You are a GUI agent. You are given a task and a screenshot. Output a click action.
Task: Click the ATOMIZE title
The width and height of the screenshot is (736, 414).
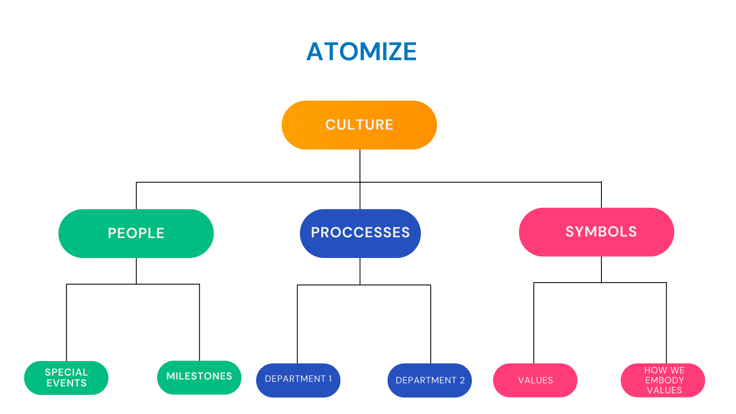click(x=361, y=51)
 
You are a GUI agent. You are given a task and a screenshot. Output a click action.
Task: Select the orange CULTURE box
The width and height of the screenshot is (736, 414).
click(x=359, y=125)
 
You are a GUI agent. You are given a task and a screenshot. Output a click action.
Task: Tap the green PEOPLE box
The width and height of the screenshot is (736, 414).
click(x=136, y=233)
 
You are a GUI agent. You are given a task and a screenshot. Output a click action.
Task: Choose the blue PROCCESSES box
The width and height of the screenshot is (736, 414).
click(x=360, y=233)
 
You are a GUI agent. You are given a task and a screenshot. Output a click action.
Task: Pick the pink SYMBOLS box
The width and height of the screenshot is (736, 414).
click(x=596, y=232)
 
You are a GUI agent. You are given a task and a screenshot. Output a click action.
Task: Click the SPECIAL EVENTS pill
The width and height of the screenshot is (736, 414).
click(x=66, y=378)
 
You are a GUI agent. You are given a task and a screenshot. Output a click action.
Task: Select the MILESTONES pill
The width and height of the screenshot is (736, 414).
click(x=199, y=377)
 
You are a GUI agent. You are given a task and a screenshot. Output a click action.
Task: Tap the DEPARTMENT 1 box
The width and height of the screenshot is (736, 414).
click(x=298, y=380)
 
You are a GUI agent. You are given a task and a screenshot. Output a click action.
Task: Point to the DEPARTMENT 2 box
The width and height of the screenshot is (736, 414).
click(x=430, y=380)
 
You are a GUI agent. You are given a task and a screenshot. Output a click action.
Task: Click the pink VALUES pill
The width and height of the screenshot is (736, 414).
click(x=535, y=380)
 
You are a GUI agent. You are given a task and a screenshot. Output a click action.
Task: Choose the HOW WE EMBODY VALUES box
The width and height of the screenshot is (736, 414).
click(x=663, y=380)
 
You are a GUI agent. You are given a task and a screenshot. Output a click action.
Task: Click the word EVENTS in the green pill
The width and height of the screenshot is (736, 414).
click(x=67, y=383)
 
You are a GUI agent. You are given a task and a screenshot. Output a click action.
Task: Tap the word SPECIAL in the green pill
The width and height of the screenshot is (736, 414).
click(x=67, y=372)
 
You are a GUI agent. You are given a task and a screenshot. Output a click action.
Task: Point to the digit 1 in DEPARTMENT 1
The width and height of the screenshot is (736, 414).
click(x=330, y=379)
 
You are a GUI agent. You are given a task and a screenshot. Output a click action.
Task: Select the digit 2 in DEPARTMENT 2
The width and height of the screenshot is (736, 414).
click(x=462, y=380)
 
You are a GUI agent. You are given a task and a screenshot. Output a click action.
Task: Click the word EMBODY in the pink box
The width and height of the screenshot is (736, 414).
click(x=664, y=380)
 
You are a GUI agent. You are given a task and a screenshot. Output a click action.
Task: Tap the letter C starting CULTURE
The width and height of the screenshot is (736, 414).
click(x=330, y=125)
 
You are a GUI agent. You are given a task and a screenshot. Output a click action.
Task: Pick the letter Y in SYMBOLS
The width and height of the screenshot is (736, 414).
click(x=579, y=232)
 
